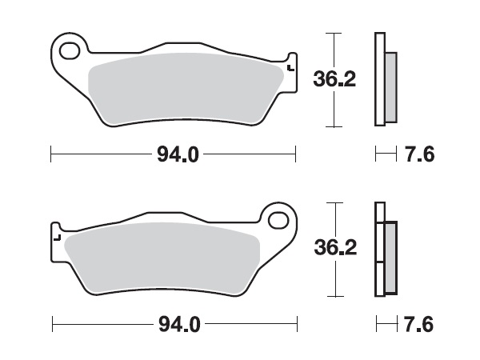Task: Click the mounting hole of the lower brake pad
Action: (x=278, y=219)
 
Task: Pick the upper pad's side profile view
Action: (x=384, y=80)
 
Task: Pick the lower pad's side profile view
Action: (x=384, y=250)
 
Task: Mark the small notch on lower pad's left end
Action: (x=56, y=237)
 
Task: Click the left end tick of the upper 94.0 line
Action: (x=51, y=154)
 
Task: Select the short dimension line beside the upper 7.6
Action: (x=386, y=154)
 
